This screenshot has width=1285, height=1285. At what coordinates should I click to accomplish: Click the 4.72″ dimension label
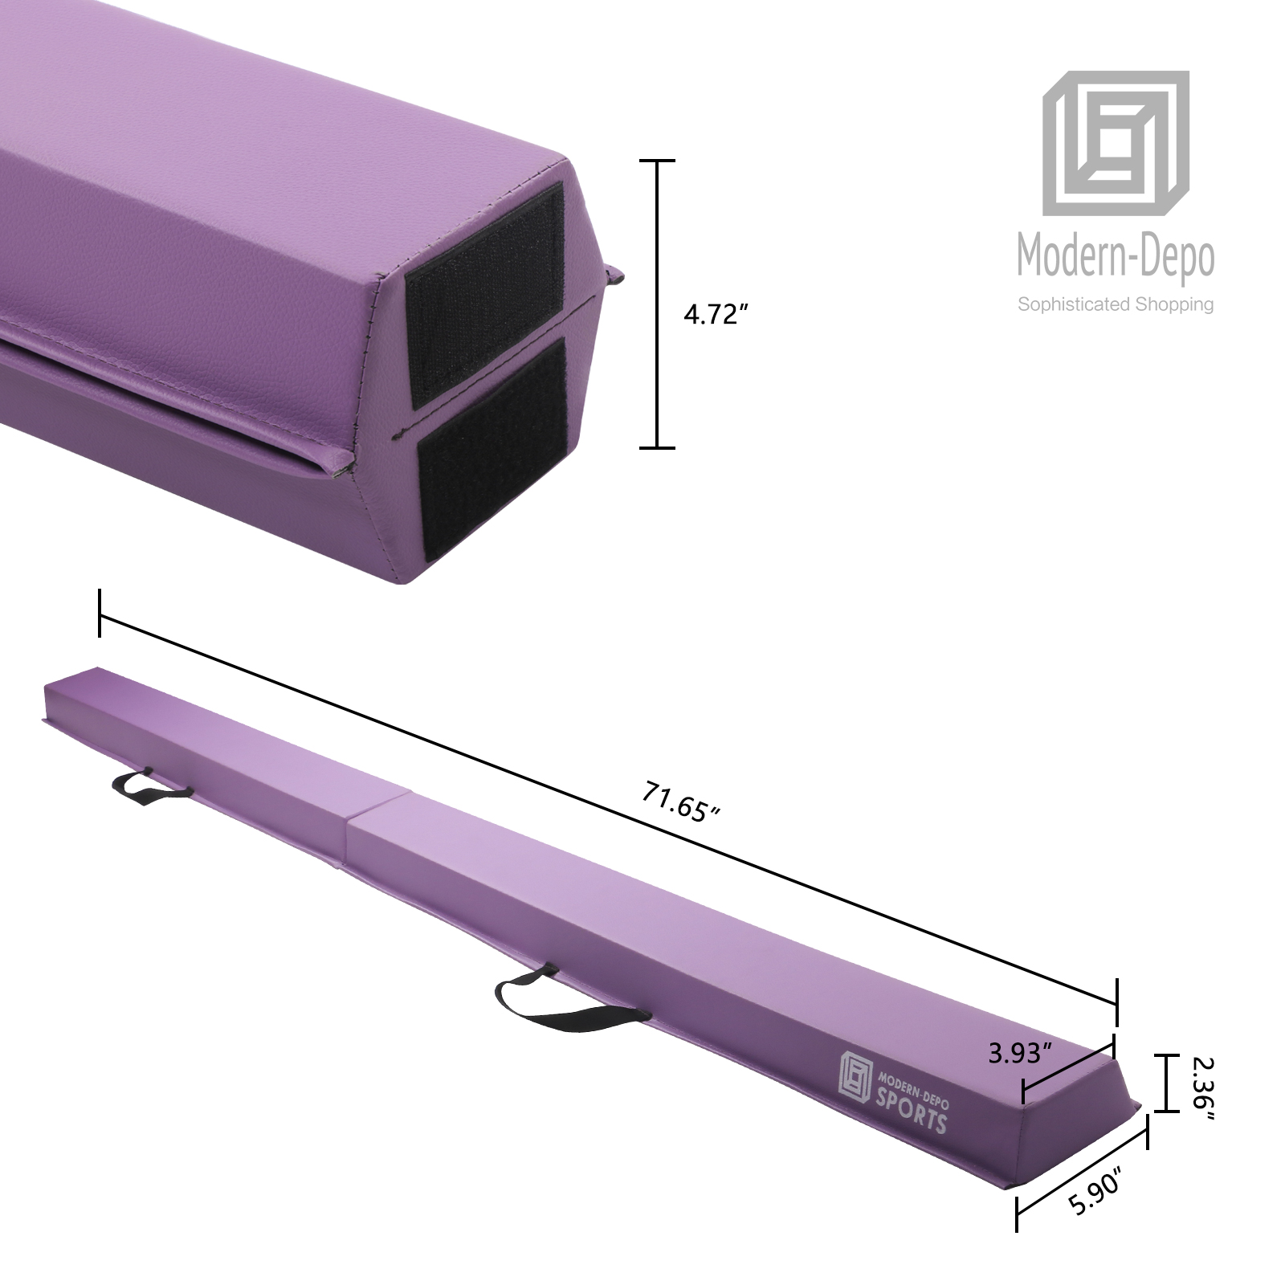(x=710, y=315)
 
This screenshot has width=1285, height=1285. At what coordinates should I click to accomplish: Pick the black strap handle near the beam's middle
(x=562, y=996)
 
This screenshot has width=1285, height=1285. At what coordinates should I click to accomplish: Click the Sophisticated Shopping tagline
(x=1116, y=304)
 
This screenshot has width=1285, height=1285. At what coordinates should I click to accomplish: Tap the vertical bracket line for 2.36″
(x=1166, y=1083)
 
